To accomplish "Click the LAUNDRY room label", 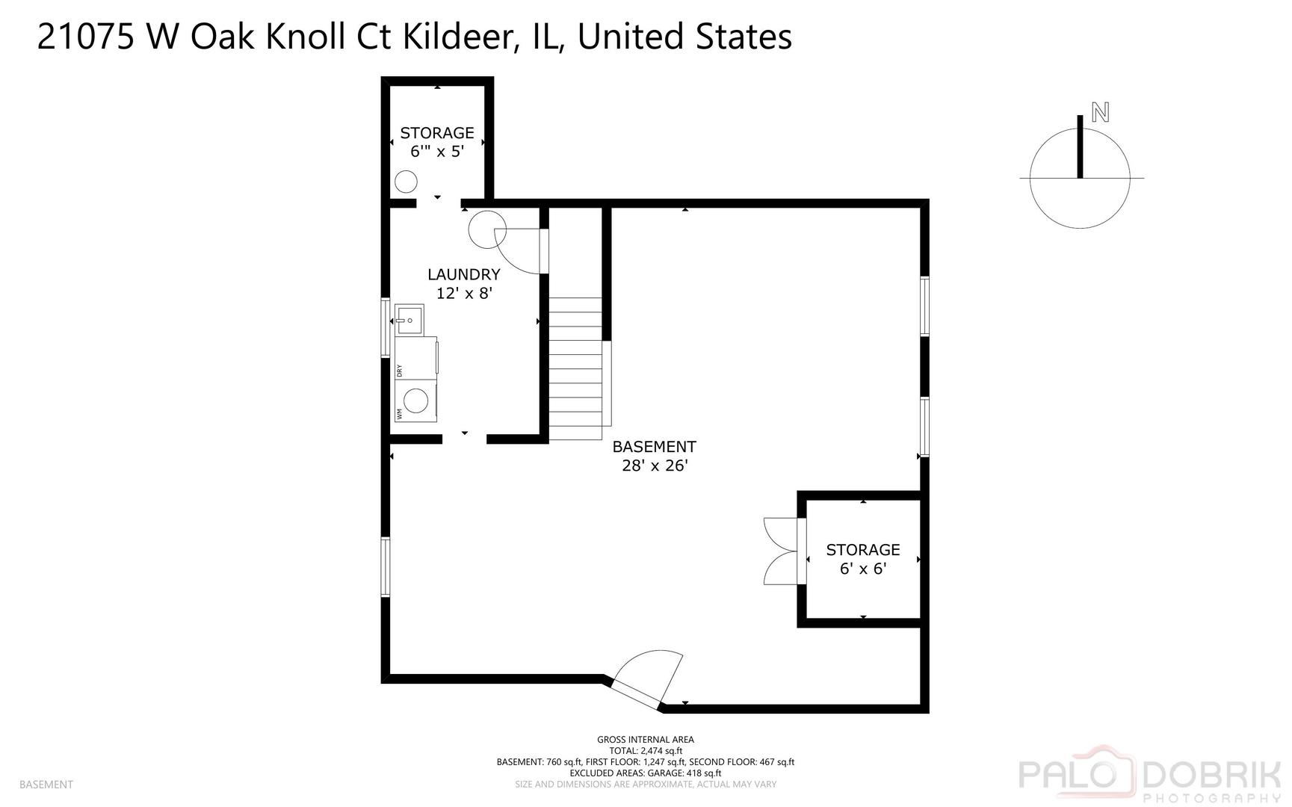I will point(463,275).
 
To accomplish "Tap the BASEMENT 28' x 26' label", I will point(654,456).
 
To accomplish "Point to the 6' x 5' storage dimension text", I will point(437,151).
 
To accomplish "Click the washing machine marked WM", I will point(416,402).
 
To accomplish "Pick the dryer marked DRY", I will point(416,359).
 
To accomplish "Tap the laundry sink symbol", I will point(409,320).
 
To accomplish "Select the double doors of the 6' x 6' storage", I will point(781,551).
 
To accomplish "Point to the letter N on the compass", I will point(1100,113).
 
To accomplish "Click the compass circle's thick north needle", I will point(1080,146).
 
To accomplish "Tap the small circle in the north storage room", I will point(406,182).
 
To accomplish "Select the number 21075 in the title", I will point(85,37).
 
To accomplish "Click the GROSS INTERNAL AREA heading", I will point(645,740).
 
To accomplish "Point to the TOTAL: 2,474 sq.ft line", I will point(645,751).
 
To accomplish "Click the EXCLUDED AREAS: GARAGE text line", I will point(645,773).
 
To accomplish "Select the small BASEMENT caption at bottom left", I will point(46,785).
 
